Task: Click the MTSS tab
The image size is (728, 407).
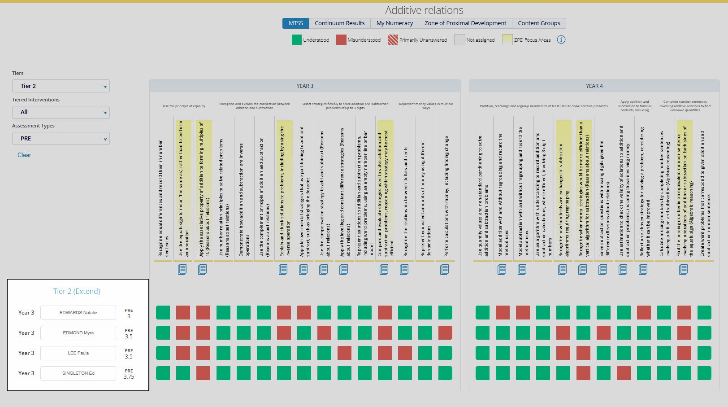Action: (295, 23)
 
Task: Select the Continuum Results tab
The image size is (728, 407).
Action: (339, 23)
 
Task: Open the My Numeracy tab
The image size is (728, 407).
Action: (394, 23)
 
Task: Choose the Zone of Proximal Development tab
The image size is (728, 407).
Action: (465, 23)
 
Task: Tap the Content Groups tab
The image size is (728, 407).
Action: (539, 23)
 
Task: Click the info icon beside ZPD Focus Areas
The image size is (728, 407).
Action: (561, 39)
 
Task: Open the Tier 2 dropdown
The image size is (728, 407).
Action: (61, 86)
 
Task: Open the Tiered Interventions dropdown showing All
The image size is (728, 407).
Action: (61, 112)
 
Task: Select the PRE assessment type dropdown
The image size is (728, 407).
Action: (61, 139)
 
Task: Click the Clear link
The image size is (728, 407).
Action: (24, 155)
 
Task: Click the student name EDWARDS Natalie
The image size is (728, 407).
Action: (78, 313)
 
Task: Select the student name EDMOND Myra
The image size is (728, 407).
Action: (78, 333)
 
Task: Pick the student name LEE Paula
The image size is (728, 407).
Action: (78, 353)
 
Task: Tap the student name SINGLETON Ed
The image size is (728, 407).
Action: (78, 373)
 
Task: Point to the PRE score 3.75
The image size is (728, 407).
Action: (129, 377)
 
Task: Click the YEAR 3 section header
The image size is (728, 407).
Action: (305, 86)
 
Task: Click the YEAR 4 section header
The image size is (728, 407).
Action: (594, 86)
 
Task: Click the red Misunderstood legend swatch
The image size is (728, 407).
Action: (341, 40)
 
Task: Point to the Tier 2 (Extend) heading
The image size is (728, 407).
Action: (77, 291)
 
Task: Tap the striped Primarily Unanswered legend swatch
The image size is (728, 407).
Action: (393, 40)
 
